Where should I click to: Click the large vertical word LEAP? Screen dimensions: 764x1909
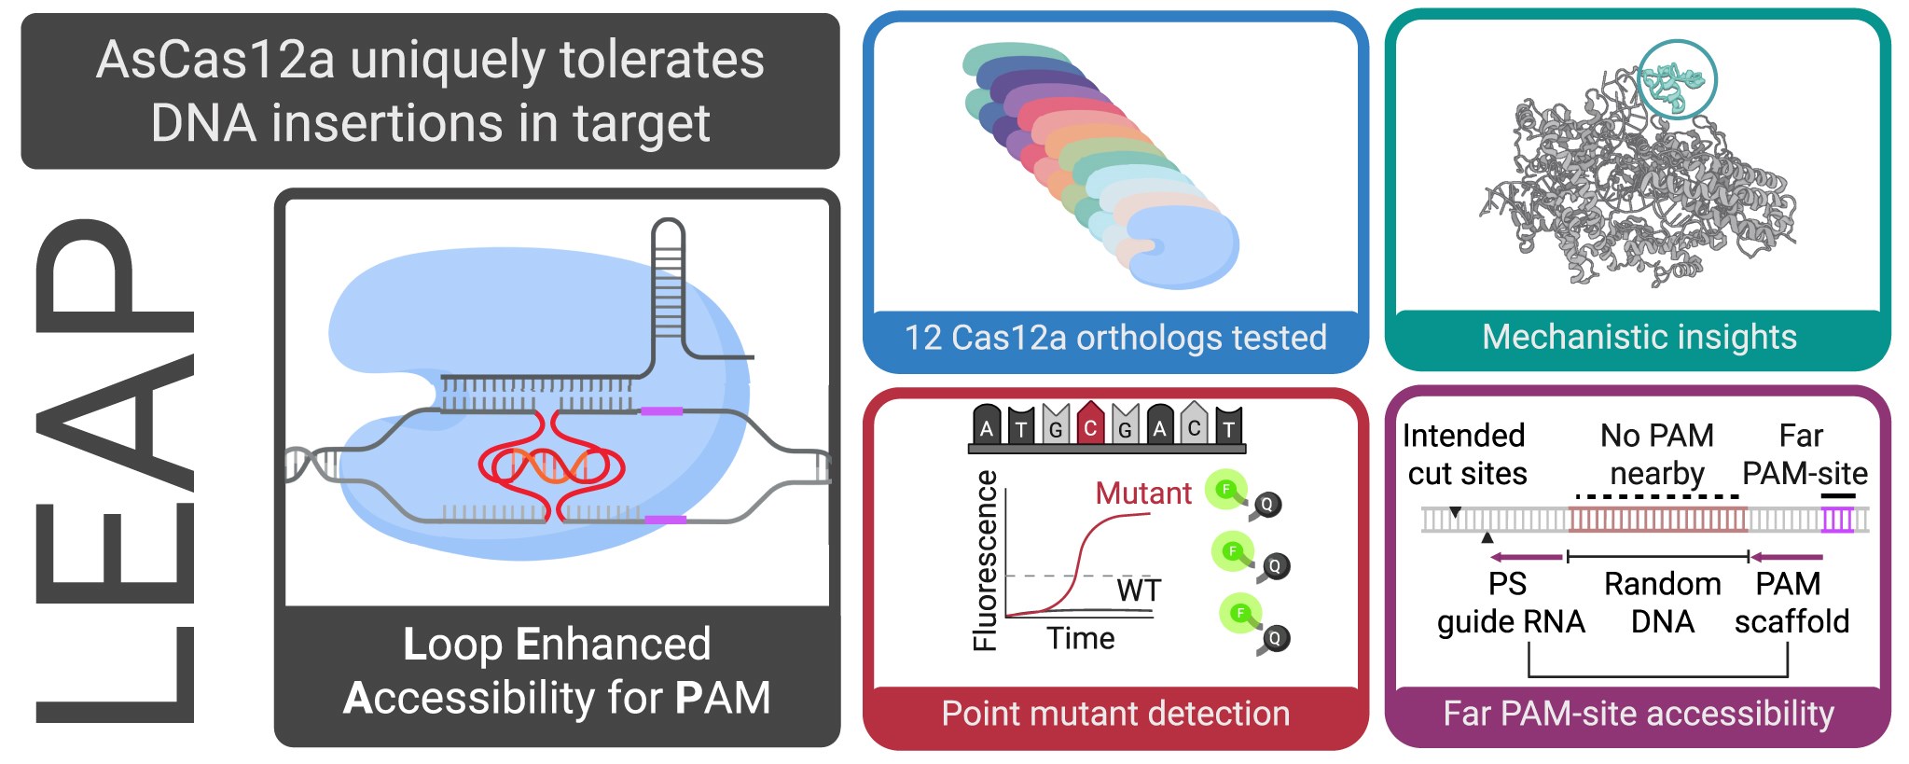coord(114,471)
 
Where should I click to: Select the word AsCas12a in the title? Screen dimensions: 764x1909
coord(215,61)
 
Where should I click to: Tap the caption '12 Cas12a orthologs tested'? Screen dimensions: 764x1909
coord(1115,338)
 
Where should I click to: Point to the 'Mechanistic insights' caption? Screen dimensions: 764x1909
coord(1639,337)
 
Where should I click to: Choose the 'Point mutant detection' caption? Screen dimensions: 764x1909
coord(1115,714)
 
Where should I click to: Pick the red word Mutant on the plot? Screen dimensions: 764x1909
coord(1142,493)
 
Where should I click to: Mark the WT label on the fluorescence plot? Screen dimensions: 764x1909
coord(1139,590)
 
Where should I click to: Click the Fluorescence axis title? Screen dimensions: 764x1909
coord(985,560)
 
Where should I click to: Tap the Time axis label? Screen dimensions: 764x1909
coord(1080,638)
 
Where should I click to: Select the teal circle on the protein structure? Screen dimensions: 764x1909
coord(1677,80)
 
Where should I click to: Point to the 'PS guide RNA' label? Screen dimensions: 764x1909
coord(1510,603)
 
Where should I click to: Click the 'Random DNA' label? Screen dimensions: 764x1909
coord(1662,603)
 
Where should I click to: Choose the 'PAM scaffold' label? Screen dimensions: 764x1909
coord(1791,603)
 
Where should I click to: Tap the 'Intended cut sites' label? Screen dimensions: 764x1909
coord(1466,454)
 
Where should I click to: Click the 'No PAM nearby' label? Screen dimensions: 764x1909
coord(1656,454)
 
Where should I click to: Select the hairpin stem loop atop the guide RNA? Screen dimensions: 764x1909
coord(668,280)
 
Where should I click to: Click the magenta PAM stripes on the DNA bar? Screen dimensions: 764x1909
coord(1837,520)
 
